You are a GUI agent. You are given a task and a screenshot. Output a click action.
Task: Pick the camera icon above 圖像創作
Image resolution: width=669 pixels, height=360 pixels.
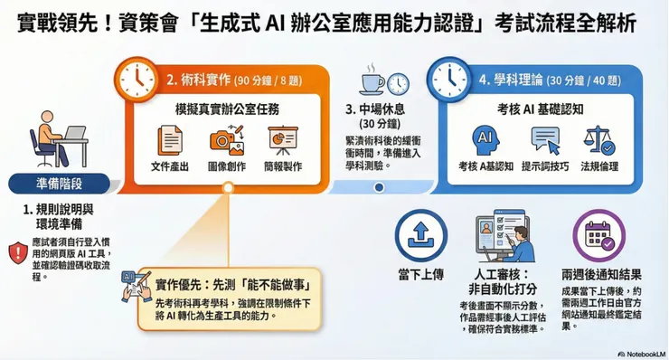click(x=227, y=140)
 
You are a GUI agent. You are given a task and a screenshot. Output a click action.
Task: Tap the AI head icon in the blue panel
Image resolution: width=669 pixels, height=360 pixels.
click(x=485, y=140)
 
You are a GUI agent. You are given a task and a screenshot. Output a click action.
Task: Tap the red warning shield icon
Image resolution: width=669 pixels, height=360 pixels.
click(x=17, y=252)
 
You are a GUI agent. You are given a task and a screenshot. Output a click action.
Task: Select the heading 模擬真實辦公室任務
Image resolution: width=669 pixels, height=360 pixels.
click(x=226, y=109)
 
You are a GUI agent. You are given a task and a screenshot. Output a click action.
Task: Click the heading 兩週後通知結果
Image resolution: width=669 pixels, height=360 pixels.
click(x=600, y=272)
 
